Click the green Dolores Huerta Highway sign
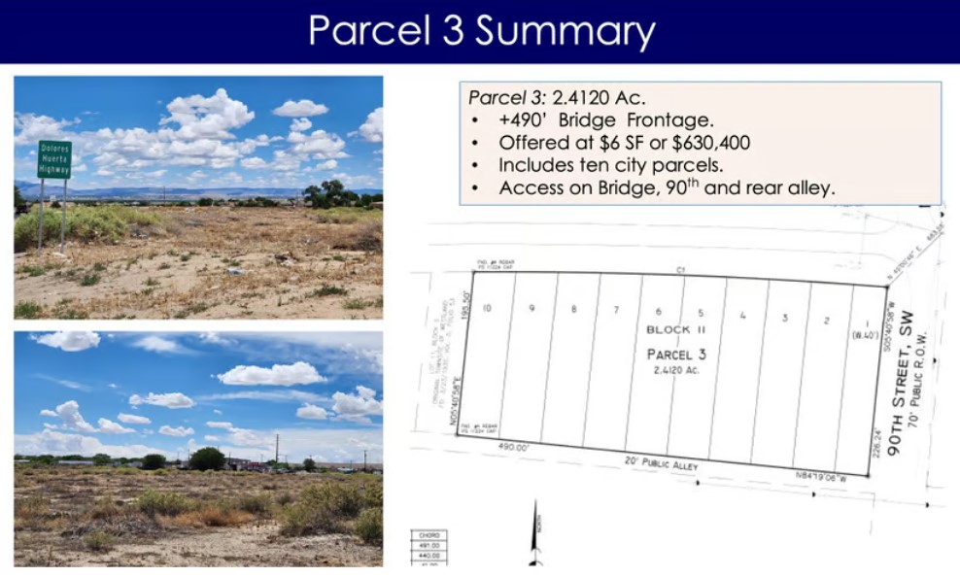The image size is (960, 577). (x=54, y=159)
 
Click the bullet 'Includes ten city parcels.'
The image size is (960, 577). (x=610, y=165)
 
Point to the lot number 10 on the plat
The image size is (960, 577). (x=487, y=308)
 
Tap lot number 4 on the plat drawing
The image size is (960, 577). (x=742, y=316)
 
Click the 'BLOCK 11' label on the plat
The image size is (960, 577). (x=669, y=330)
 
